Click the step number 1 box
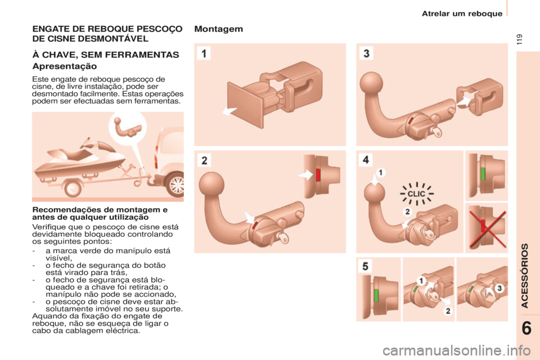[203, 54]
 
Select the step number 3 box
[366, 54]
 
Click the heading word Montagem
[219, 30]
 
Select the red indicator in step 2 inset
[319, 175]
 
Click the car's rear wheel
[176, 185]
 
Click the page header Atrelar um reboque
[462, 13]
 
